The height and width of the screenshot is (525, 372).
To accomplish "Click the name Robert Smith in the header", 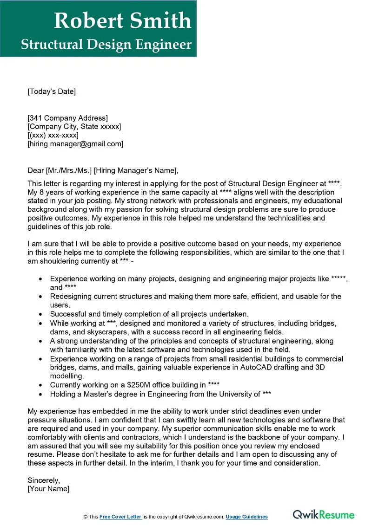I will tap(122, 21).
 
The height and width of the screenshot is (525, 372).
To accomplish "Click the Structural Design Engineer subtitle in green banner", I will tap(106, 45).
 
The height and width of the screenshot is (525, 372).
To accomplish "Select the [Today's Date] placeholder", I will tap(51, 91).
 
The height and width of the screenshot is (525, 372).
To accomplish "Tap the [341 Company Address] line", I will tap(67, 118).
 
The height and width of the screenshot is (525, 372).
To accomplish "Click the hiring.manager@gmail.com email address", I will tap(75, 144).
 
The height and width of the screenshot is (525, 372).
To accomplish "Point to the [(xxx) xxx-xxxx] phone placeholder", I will tap(53, 135).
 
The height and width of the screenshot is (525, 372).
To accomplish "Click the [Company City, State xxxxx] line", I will tap(74, 127).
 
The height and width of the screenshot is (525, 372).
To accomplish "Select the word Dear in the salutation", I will tap(35, 170).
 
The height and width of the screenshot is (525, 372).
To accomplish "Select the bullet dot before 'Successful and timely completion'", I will tap(41, 314).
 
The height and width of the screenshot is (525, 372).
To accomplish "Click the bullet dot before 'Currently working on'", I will tap(41, 385).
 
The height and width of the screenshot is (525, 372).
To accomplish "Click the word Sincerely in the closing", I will tap(44, 480).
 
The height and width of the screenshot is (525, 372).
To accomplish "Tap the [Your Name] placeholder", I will tap(48, 489).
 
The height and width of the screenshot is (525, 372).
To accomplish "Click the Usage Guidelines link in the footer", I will tap(247, 517).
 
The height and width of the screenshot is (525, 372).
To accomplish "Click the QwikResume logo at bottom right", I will tap(323, 515).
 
